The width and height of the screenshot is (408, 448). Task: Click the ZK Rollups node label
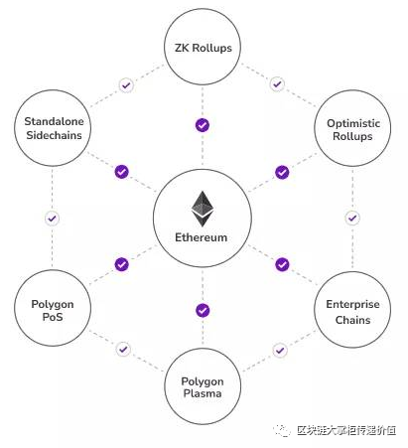(204, 48)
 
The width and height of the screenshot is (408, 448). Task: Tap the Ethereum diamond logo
(203, 209)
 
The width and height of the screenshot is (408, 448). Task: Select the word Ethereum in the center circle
(202, 237)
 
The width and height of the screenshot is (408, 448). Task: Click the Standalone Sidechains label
(54, 128)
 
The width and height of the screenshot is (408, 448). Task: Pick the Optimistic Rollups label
(353, 129)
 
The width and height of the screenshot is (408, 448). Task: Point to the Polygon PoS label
(53, 310)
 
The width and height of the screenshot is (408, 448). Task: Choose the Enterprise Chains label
(352, 312)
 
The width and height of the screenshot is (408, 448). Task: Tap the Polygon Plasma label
(203, 387)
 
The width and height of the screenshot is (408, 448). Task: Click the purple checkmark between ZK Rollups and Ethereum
(203, 125)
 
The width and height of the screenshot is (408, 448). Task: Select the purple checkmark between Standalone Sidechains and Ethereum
(122, 172)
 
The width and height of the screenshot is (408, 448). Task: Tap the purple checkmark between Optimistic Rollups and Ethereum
(282, 172)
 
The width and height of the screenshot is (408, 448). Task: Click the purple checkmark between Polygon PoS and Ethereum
(122, 264)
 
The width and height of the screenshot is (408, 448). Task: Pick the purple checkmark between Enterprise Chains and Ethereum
(282, 264)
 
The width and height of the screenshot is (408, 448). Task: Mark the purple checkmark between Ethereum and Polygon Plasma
(203, 311)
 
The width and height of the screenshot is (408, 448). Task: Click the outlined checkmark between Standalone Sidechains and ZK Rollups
(126, 85)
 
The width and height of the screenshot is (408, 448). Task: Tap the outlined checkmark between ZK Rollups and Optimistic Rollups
(277, 84)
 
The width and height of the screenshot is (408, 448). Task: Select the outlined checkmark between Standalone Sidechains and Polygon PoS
(52, 219)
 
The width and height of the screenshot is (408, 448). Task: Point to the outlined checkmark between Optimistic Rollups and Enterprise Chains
(352, 218)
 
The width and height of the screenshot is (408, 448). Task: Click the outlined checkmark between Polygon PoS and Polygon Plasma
(123, 349)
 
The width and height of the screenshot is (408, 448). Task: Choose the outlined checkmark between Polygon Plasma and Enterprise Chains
(280, 351)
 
